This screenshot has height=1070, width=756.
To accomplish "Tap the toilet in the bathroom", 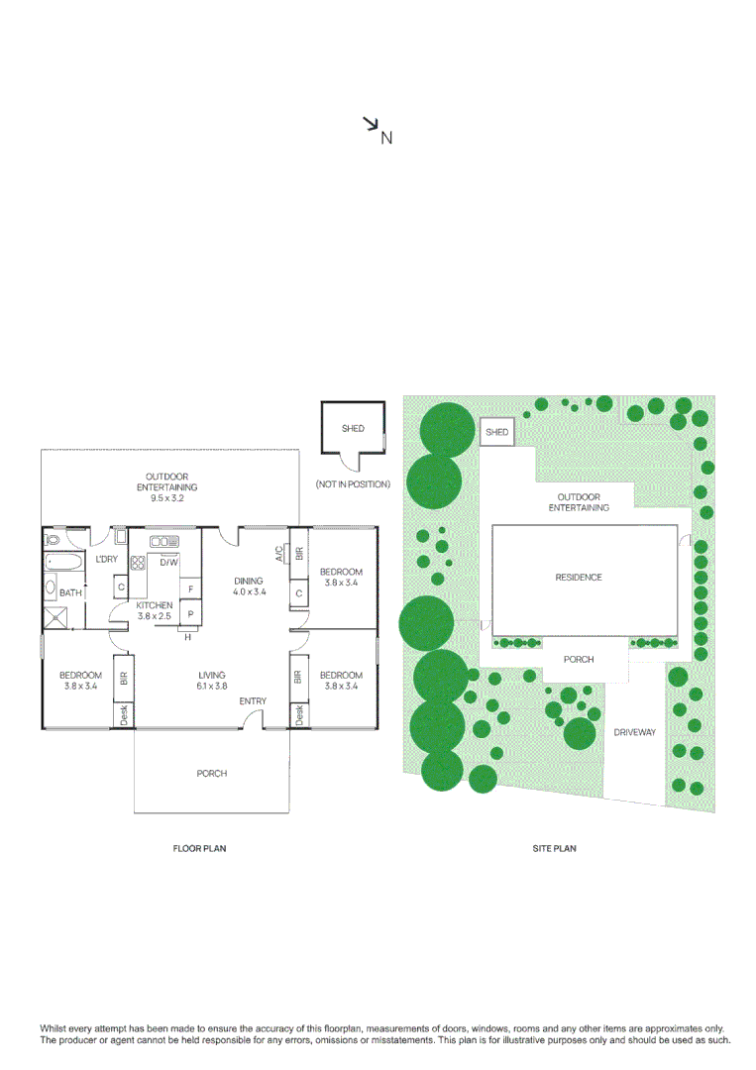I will coord(52,539).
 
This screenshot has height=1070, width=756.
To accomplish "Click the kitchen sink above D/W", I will coord(162,541).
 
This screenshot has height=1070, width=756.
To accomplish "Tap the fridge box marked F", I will coord(190,589).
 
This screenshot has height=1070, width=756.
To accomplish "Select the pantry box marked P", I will coord(190,614).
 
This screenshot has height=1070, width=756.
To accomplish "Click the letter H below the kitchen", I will coord(185,637).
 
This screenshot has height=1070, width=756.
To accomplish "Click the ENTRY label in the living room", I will coord(252,701).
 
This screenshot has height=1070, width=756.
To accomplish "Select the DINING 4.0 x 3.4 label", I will coord(248,587).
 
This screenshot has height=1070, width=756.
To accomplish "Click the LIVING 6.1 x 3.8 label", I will coord(211,681).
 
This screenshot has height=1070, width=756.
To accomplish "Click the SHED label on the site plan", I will coord(496,432).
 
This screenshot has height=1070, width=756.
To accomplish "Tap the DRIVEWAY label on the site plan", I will coord(634,733).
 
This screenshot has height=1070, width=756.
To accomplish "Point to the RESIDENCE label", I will coord(578,577).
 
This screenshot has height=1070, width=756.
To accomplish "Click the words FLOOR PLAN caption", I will coord(200,849).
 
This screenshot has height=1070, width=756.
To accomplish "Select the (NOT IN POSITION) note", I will coord(353,484).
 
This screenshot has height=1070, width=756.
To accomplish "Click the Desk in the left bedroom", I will coord(124,715).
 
